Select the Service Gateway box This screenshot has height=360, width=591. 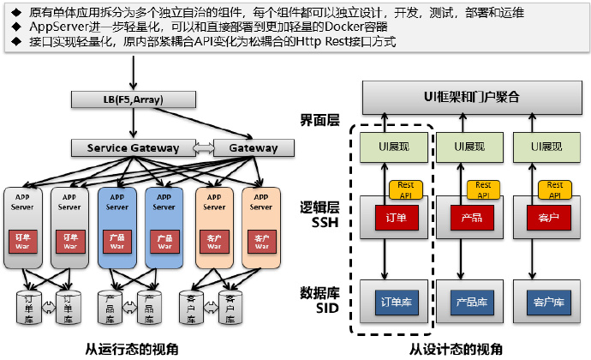point(133,147)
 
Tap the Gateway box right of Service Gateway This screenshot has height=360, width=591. point(253,147)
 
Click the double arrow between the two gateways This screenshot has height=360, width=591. point(204,147)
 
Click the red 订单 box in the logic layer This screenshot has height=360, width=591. point(394,218)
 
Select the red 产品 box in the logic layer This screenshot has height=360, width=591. point(471,218)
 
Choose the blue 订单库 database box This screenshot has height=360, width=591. point(394,302)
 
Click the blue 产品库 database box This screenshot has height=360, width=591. point(471,302)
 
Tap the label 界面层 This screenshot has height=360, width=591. point(319,119)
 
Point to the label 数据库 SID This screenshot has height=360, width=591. point(319,300)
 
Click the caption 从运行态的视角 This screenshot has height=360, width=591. point(134,348)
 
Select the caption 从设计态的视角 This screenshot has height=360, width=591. point(456,348)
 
